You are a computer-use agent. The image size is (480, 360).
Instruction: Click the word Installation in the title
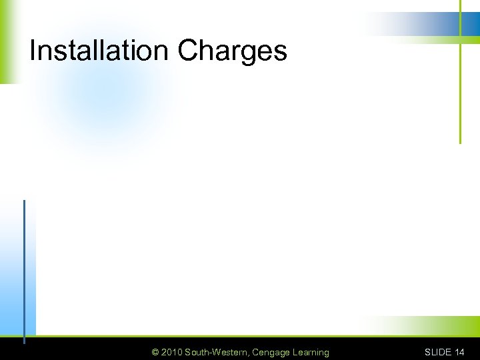click(x=100, y=51)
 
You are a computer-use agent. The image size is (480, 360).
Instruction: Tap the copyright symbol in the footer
click(x=155, y=352)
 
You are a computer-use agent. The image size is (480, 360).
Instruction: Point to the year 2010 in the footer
click(x=171, y=352)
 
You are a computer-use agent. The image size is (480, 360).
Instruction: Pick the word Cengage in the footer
click(x=270, y=352)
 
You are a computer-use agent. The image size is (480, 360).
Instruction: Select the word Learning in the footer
click(x=310, y=352)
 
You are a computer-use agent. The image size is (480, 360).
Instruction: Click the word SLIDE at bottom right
click(x=438, y=352)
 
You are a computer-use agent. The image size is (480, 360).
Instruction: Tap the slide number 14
click(x=459, y=352)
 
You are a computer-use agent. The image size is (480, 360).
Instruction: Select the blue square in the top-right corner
click(x=471, y=24)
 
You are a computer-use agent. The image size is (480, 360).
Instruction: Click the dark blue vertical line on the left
click(x=24, y=267)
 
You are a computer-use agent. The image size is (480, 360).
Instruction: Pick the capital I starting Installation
click(x=33, y=51)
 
